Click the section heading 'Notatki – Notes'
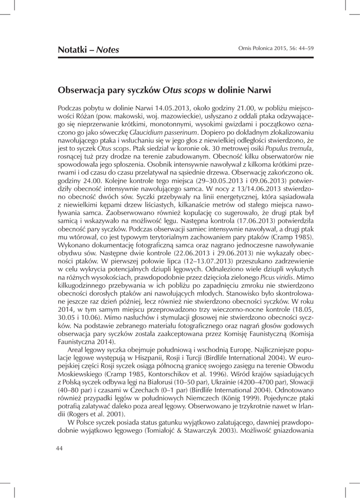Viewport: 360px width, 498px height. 89,49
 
